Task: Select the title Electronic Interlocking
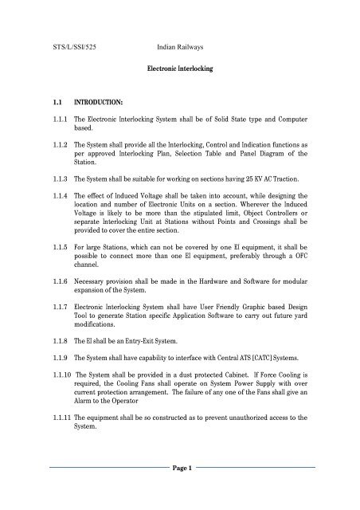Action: (x=180, y=70)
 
